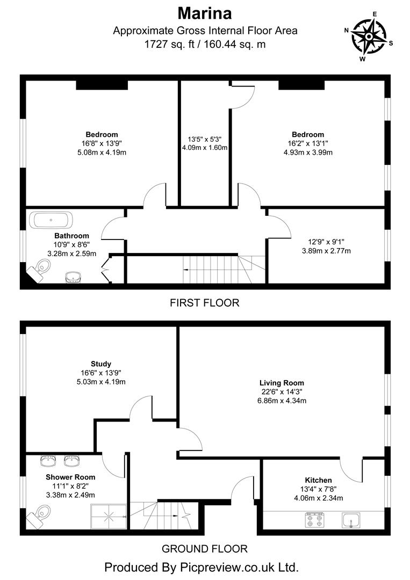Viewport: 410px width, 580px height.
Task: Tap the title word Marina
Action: [x=205, y=12]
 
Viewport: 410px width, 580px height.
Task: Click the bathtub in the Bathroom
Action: [x=52, y=220]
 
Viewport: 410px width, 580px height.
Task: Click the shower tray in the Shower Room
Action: [x=109, y=517]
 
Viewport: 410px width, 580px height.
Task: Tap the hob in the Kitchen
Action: [x=315, y=520]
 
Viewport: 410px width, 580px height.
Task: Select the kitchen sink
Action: [x=352, y=520]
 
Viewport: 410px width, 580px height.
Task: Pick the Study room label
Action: [x=101, y=364]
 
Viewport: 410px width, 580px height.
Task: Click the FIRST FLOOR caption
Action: [x=205, y=303]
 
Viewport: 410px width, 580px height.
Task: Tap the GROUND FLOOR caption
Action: [x=205, y=548]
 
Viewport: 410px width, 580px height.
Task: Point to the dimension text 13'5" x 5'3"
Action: [x=205, y=139]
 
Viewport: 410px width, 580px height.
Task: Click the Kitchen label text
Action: [x=318, y=480]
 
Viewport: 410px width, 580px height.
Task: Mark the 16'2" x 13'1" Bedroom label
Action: [x=308, y=134]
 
